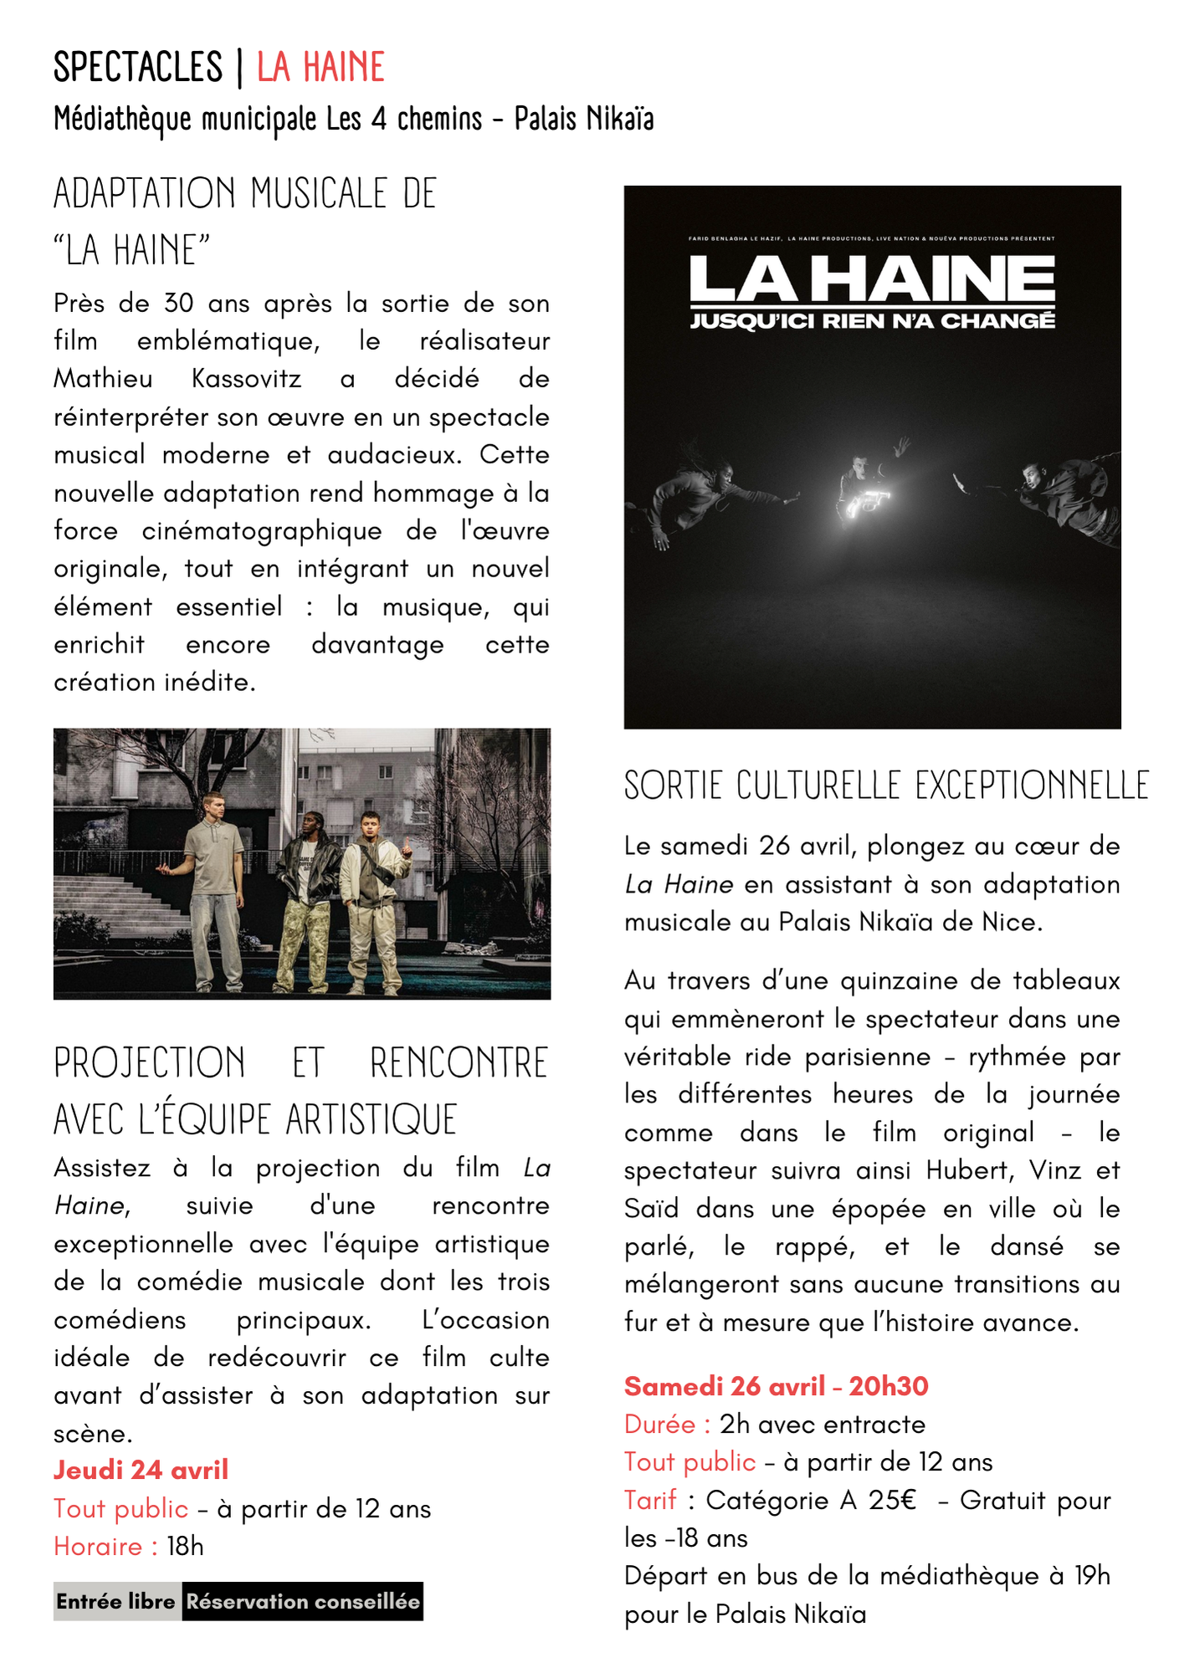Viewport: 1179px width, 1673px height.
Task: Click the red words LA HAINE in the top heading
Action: (x=320, y=68)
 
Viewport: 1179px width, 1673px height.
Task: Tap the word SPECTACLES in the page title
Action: (x=138, y=68)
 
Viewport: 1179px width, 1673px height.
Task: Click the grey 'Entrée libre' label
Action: (x=116, y=1601)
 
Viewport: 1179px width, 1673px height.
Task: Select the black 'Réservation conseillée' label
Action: (x=302, y=1601)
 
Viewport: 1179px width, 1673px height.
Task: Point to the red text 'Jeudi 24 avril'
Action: (x=141, y=1470)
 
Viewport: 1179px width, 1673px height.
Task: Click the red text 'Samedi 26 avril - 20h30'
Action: (x=776, y=1386)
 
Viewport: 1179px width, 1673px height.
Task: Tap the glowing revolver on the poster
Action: (x=865, y=502)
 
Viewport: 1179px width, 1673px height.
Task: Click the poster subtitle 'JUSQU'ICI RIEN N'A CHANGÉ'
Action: (x=872, y=321)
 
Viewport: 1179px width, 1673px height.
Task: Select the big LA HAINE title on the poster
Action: (x=872, y=279)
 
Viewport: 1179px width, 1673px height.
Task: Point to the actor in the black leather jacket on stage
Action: (x=309, y=895)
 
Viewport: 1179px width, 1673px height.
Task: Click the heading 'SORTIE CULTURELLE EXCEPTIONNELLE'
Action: (x=886, y=785)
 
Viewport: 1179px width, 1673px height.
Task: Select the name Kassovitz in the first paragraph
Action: (x=246, y=379)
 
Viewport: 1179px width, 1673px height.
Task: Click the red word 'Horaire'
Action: (x=99, y=1546)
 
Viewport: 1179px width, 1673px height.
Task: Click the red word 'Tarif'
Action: (x=650, y=1500)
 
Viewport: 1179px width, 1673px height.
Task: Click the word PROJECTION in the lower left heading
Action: (x=150, y=1063)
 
